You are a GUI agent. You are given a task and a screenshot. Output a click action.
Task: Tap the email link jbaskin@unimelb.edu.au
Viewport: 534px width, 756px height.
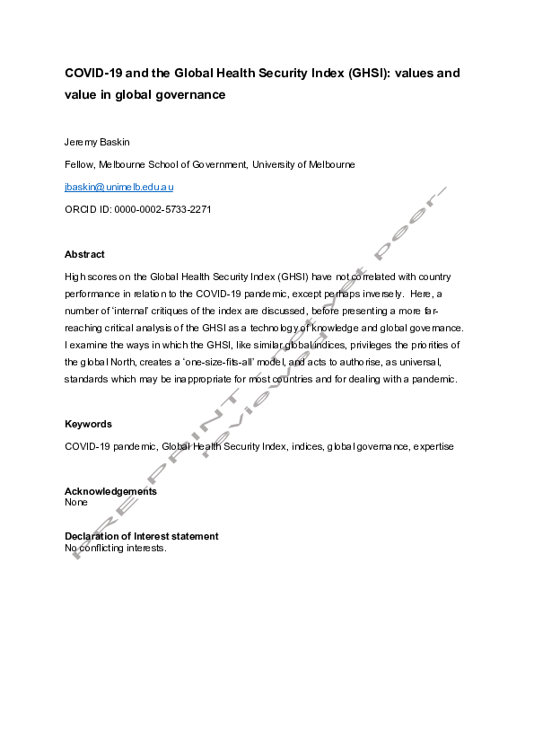pos(119,187)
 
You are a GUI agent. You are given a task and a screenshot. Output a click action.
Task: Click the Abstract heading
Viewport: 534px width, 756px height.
pos(84,254)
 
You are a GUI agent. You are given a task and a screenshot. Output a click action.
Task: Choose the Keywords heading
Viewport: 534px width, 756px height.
pos(88,424)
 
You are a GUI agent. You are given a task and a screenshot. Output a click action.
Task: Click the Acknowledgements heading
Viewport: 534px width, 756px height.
pos(110,491)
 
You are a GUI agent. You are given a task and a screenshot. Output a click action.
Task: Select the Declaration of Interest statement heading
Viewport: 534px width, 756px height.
pos(141,536)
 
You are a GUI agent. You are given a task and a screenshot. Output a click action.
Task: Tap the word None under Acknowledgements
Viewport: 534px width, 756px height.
pos(76,502)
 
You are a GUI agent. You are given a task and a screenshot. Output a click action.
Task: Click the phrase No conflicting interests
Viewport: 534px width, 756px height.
pos(116,547)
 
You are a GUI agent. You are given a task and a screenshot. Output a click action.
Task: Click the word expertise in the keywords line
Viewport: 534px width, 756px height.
pos(433,446)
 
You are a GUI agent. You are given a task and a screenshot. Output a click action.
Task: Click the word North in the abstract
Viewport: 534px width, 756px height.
pos(119,361)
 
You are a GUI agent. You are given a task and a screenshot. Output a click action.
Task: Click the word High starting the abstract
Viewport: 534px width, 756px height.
pos(75,277)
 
